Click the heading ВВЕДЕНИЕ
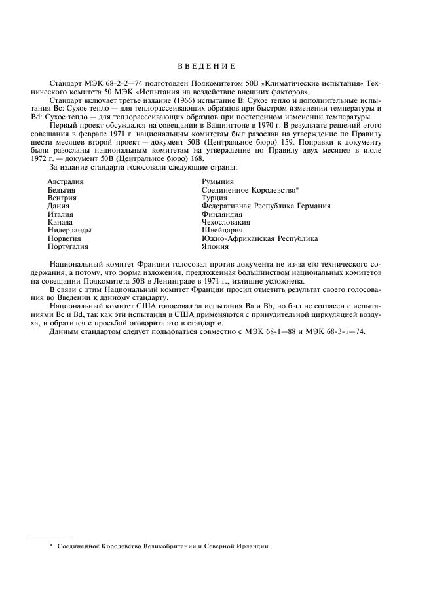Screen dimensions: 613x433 tap(206, 66)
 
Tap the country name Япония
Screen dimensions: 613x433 tap(216, 247)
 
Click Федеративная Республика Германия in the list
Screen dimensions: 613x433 tap(266, 206)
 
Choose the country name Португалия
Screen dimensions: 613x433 tap(68, 247)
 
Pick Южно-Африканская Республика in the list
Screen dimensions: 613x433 tap(260, 239)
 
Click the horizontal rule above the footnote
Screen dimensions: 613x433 tap(52, 538)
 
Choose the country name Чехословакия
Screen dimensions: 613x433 tap(227, 223)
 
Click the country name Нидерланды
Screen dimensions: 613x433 tap(69, 231)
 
